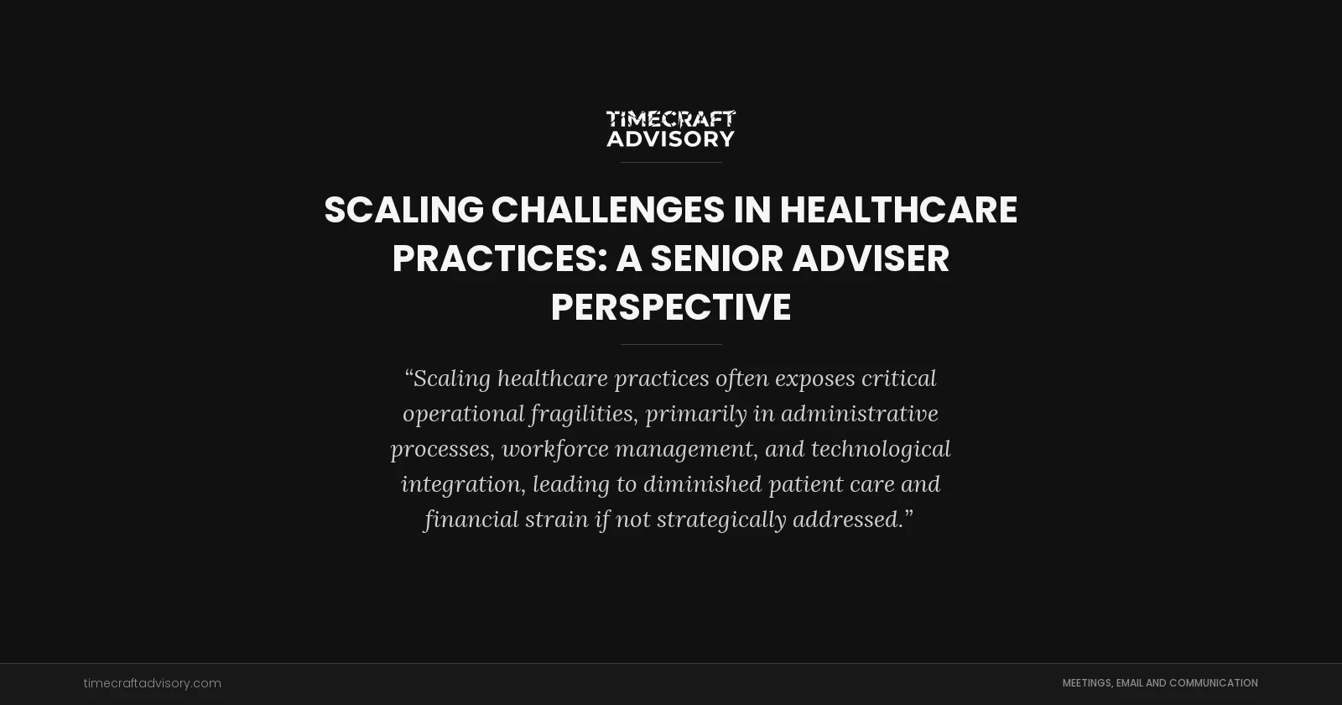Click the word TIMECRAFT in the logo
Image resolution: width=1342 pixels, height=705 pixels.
[x=671, y=119]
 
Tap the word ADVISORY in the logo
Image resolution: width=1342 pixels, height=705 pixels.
[x=671, y=138]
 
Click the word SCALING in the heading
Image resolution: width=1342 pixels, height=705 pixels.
[x=403, y=210]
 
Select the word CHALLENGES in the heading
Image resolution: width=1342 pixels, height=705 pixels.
[x=607, y=210]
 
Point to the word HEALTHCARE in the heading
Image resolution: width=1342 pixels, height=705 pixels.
[x=898, y=210]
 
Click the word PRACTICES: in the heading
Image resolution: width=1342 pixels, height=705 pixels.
[x=500, y=258]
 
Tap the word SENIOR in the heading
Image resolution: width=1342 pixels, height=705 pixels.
[x=716, y=258]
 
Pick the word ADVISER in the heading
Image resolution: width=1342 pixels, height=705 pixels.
[x=871, y=258]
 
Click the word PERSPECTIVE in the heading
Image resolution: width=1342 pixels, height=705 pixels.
[x=671, y=307]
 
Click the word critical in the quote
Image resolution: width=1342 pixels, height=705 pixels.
[x=899, y=379]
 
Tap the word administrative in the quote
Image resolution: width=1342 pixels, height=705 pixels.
[x=860, y=414]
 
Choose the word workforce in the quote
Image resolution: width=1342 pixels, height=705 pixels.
[x=555, y=449]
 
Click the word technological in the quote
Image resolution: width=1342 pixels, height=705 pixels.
[x=881, y=449]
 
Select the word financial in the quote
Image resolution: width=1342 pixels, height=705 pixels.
[x=471, y=520]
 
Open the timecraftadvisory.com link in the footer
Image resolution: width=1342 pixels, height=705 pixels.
[x=153, y=683]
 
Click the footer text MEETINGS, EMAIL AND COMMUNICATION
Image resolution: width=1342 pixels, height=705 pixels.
[x=1160, y=683]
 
